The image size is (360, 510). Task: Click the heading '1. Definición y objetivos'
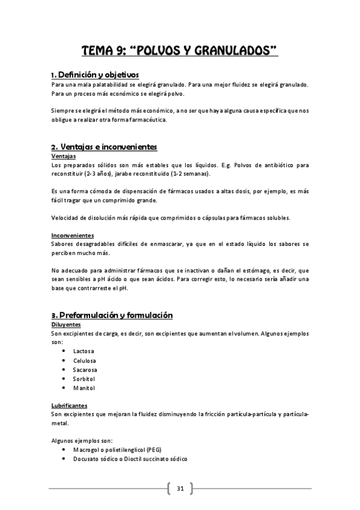tap(95, 75)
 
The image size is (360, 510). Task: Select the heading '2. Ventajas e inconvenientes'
tap(104, 147)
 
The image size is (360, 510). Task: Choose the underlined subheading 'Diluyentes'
tap(66, 324)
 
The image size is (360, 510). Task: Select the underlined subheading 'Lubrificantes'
tap(69, 406)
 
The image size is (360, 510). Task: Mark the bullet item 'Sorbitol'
tap(84, 379)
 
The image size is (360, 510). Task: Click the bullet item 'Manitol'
tap(84, 388)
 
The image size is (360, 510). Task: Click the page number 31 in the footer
tap(180, 488)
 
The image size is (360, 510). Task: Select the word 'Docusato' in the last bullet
tap(86, 459)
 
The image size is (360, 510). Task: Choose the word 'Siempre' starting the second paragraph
tap(62, 111)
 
